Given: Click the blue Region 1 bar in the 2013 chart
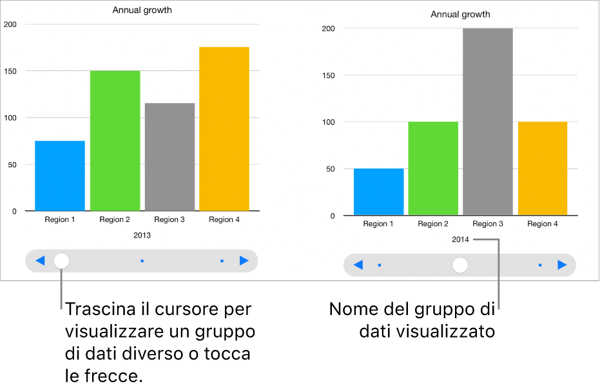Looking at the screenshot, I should [60, 176].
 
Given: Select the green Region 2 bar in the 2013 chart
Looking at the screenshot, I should [115, 141].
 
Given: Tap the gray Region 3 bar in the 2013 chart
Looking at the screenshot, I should [169, 157].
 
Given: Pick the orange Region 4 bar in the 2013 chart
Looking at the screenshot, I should [224, 129].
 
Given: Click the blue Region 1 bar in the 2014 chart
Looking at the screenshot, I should [378, 192].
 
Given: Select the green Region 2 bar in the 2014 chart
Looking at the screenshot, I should [433, 168].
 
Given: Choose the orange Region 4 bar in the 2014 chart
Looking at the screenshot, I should [543, 168].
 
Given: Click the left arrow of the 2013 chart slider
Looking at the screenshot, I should [40, 261].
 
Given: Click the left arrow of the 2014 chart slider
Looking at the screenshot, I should [358, 265].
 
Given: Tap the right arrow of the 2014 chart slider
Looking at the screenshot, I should [562, 265].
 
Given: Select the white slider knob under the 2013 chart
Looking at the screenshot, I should [61, 261].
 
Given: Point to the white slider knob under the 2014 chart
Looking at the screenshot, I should [460, 265].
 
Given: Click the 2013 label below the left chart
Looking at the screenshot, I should [142, 236].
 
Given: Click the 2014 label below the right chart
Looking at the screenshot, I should [460, 240].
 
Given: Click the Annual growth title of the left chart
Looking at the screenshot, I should [142, 10].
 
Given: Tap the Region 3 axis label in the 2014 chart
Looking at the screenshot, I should [488, 224].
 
